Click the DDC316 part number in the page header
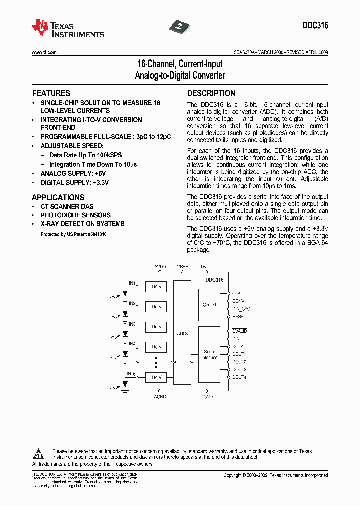coord(315,26)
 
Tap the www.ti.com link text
coord(44,52)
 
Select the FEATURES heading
coord(51,93)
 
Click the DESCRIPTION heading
coord(211,93)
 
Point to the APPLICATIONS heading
coord(58,197)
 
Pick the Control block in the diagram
coord(209,305)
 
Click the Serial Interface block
coord(209,355)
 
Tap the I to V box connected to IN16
coord(156,377)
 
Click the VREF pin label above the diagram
coord(183,267)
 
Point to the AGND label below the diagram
coord(160,396)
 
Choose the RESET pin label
coord(239,317)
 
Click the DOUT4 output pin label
coord(239,377)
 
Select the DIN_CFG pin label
coord(241,309)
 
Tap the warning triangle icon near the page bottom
coord(39,454)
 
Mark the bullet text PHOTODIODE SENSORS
coord(75,215)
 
